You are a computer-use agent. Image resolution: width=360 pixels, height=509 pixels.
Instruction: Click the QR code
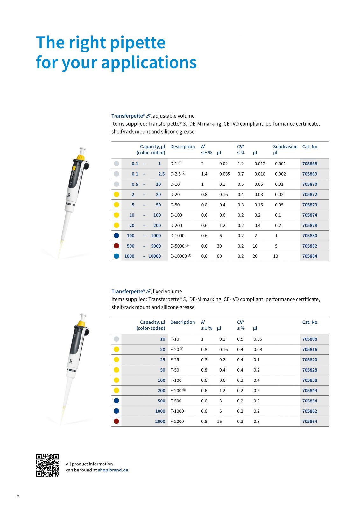point(47,465)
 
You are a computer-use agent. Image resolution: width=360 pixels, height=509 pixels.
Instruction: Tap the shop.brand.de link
point(113,470)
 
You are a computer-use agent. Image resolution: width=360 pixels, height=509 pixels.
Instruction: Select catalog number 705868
point(309,164)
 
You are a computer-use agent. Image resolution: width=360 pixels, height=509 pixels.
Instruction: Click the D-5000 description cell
point(179,246)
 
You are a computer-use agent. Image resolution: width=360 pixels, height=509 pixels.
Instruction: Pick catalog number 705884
point(309,256)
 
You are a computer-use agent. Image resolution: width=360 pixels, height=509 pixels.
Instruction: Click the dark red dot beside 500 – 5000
point(116,246)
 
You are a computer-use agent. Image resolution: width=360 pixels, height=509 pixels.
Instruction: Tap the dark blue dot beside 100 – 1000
point(116,236)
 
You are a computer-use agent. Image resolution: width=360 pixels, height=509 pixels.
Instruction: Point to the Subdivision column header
point(285,147)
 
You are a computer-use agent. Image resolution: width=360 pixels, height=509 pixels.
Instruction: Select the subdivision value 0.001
point(280,164)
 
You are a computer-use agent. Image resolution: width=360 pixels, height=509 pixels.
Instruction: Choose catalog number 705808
point(309,339)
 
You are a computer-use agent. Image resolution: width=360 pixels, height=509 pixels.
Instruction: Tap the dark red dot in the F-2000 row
point(116,421)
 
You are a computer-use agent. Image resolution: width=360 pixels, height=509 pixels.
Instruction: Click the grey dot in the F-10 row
point(116,339)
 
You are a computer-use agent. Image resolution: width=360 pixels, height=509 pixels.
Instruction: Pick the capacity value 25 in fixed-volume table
point(162,360)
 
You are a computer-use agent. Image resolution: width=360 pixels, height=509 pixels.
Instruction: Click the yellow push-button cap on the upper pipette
point(81,157)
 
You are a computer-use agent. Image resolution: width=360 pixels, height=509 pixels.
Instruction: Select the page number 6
point(18,495)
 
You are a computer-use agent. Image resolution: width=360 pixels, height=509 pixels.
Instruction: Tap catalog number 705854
point(309,401)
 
